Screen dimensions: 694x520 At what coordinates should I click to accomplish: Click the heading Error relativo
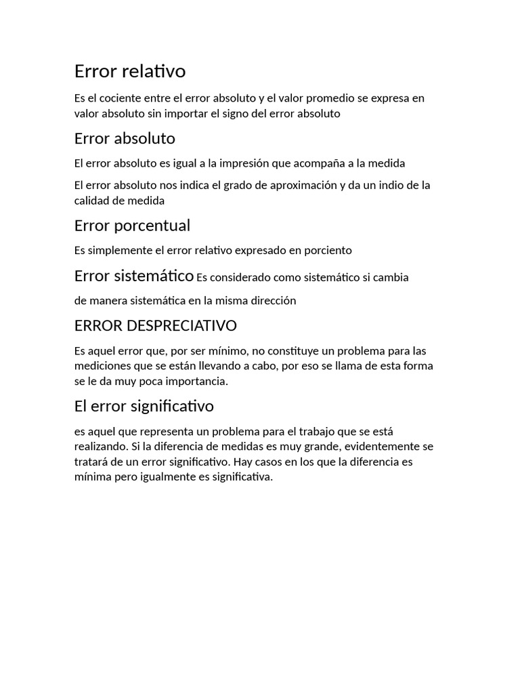coord(130,70)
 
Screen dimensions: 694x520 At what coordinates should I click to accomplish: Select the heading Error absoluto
coord(125,138)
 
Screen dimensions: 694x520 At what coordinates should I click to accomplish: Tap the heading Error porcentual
coord(132,225)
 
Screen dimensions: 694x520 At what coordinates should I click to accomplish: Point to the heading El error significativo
coord(144,406)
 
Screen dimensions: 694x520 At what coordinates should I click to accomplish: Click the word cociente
coord(123,98)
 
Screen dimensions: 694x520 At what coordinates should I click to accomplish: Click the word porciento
coord(327,250)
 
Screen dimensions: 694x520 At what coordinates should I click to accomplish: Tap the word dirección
coord(273,300)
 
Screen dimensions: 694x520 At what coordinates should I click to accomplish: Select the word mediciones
coord(102,366)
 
